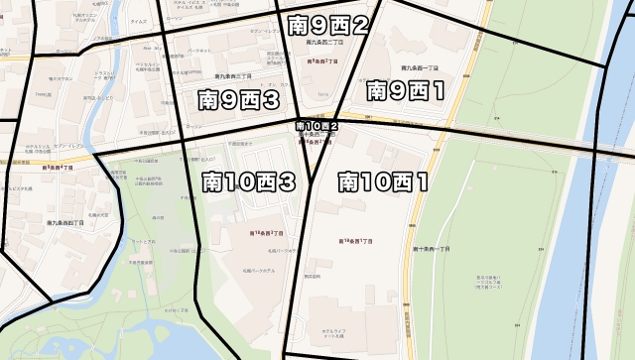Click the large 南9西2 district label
coord(327,26)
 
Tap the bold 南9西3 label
coord(237,99)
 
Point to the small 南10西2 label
coord(317,127)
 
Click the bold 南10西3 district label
coord(248,181)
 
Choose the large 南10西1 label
coord(383,181)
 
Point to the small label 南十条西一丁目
coord(431,248)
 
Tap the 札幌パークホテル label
coord(257,269)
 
